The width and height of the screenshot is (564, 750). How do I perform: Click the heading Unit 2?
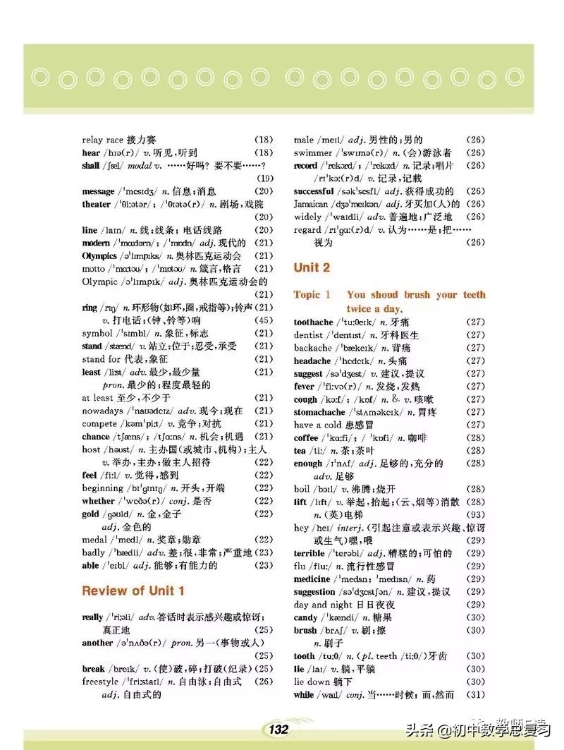(x=312, y=268)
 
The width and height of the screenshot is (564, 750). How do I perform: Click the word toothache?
(x=313, y=322)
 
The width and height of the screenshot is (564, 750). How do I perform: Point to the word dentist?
(x=308, y=335)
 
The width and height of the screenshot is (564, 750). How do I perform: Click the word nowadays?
(x=102, y=411)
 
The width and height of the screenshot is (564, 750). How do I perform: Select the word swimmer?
(x=313, y=152)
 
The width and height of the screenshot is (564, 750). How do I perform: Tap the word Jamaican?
(x=311, y=204)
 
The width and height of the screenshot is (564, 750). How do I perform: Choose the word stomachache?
(x=319, y=412)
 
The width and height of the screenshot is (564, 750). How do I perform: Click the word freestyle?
(x=100, y=682)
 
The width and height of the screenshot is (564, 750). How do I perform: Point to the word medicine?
(x=312, y=579)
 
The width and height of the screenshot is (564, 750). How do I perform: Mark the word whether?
(x=98, y=501)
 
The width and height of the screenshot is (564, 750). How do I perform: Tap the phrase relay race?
(x=103, y=140)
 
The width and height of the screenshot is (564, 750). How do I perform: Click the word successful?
(x=314, y=191)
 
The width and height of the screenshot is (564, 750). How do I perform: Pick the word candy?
(x=306, y=617)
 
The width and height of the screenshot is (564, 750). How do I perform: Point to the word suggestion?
(x=314, y=592)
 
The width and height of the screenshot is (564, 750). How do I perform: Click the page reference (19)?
(x=263, y=178)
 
